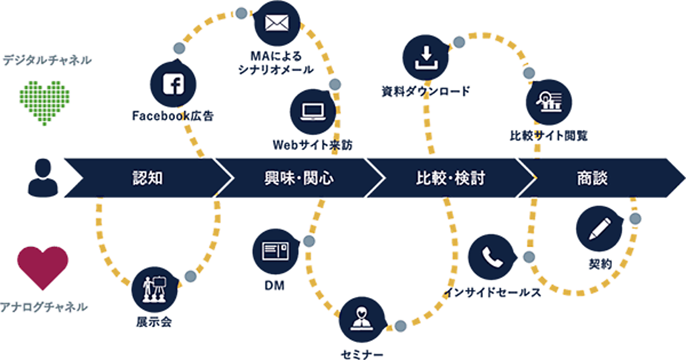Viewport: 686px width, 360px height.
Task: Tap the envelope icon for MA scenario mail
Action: [x=277, y=25]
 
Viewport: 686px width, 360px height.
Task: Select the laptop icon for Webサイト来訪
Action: [x=312, y=109]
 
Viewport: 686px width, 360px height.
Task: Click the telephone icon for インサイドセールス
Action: [x=490, y=258]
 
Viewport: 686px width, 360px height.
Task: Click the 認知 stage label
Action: [x=147, y=178]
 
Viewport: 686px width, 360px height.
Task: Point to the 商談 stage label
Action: [x=592, y=178]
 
